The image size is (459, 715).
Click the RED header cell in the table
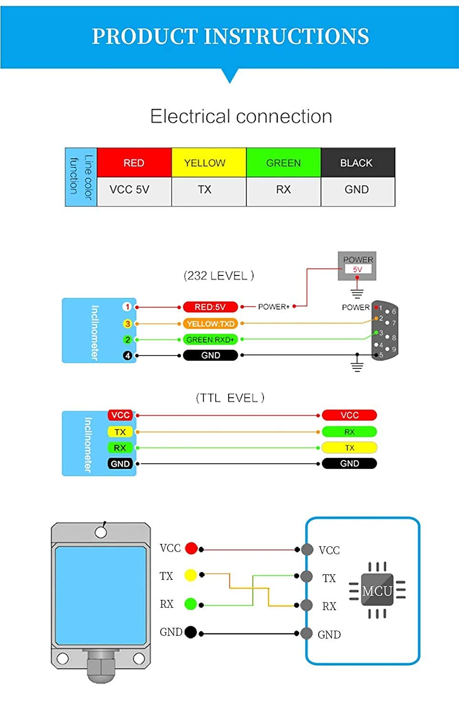[x=134, y=163]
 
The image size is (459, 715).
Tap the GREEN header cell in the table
[x=283, y=163]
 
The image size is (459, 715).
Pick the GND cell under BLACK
[x=357, y=190]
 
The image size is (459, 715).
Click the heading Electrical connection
[x=241, y=116]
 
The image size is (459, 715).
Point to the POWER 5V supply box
[x=357, y=266]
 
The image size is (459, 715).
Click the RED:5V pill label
[x=210, y=307]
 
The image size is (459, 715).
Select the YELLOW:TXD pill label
[x=210, y=324]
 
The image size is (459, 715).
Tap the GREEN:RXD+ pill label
[x=210, y=340]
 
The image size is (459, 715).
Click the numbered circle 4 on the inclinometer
[x=127, y=356]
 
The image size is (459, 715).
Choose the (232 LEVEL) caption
[x=219, y=276]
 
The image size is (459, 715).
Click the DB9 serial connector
[x=385, y=330]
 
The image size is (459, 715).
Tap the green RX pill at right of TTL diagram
[x=349, y=432]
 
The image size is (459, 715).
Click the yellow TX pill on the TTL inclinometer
[x=120, y=432]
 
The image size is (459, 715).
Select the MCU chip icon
[x=377, y=591]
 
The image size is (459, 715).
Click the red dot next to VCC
[x=191, y=548]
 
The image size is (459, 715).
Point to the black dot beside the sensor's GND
[x=190, y=632]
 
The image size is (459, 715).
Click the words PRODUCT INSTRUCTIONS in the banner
[x=230, y=36]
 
